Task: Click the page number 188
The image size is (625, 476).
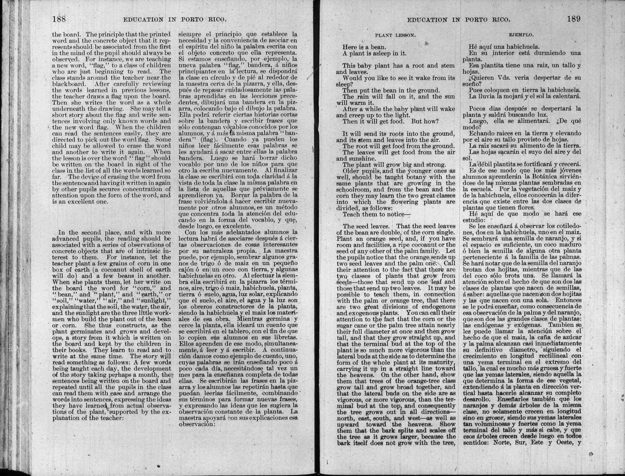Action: tap(59, 19)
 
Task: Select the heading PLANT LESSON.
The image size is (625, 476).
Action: tap(395, 35)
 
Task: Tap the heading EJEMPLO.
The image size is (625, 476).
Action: tap(521, 35)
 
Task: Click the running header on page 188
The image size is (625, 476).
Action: tap(174, 20)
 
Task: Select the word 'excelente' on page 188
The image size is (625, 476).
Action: tap(238, 226)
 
